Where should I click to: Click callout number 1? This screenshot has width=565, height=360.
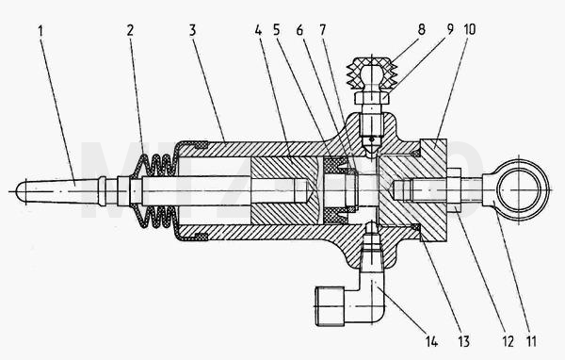(40, 31)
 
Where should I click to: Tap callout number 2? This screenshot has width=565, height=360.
(130, 30)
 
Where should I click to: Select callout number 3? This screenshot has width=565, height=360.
(192, 30)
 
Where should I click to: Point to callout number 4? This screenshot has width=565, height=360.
(258, 30)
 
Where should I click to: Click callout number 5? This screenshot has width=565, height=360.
(276, 30)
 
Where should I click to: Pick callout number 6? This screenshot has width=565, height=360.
(299, 30)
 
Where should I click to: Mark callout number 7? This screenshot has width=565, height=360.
(322, 30)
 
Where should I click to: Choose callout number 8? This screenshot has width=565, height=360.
(422, 29)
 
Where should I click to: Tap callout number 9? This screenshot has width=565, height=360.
(450, 29)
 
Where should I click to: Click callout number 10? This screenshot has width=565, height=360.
(470, 29)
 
